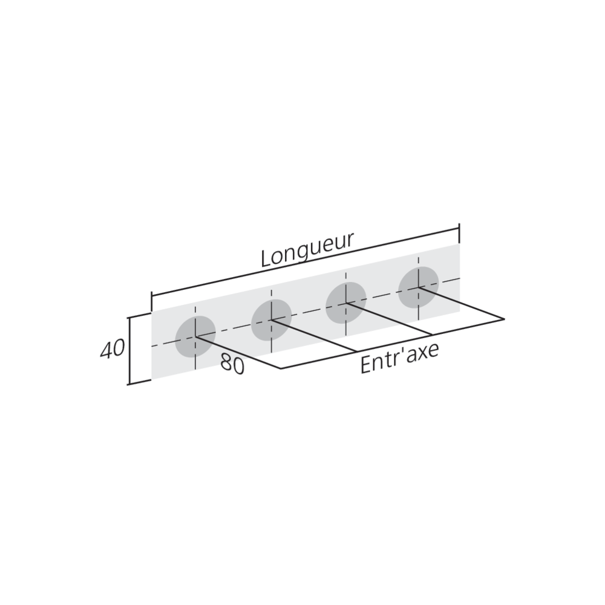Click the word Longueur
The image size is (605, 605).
(307, 250)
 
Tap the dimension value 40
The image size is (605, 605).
(113, 349)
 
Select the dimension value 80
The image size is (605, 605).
(232, 364)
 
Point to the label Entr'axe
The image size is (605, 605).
(399, 358)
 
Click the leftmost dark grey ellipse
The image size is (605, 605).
(195, 336)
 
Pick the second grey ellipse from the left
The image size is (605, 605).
(271, 319)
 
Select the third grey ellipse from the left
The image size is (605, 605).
(345, 303)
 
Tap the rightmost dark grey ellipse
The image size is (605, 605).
(419, 287)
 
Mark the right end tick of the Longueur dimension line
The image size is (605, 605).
(459, 233)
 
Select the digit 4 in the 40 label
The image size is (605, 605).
(106, 350)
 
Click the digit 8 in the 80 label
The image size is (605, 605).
(226, 362)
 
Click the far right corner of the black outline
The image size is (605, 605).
(504, 319)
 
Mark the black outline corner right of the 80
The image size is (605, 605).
(281, 369)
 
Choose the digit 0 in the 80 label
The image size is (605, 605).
(238, 367)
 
